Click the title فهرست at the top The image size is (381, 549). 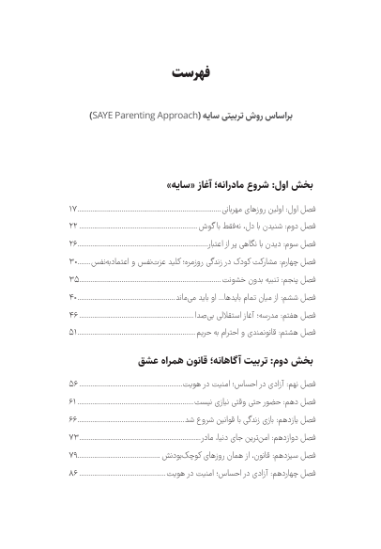click(x=190, y=73)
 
